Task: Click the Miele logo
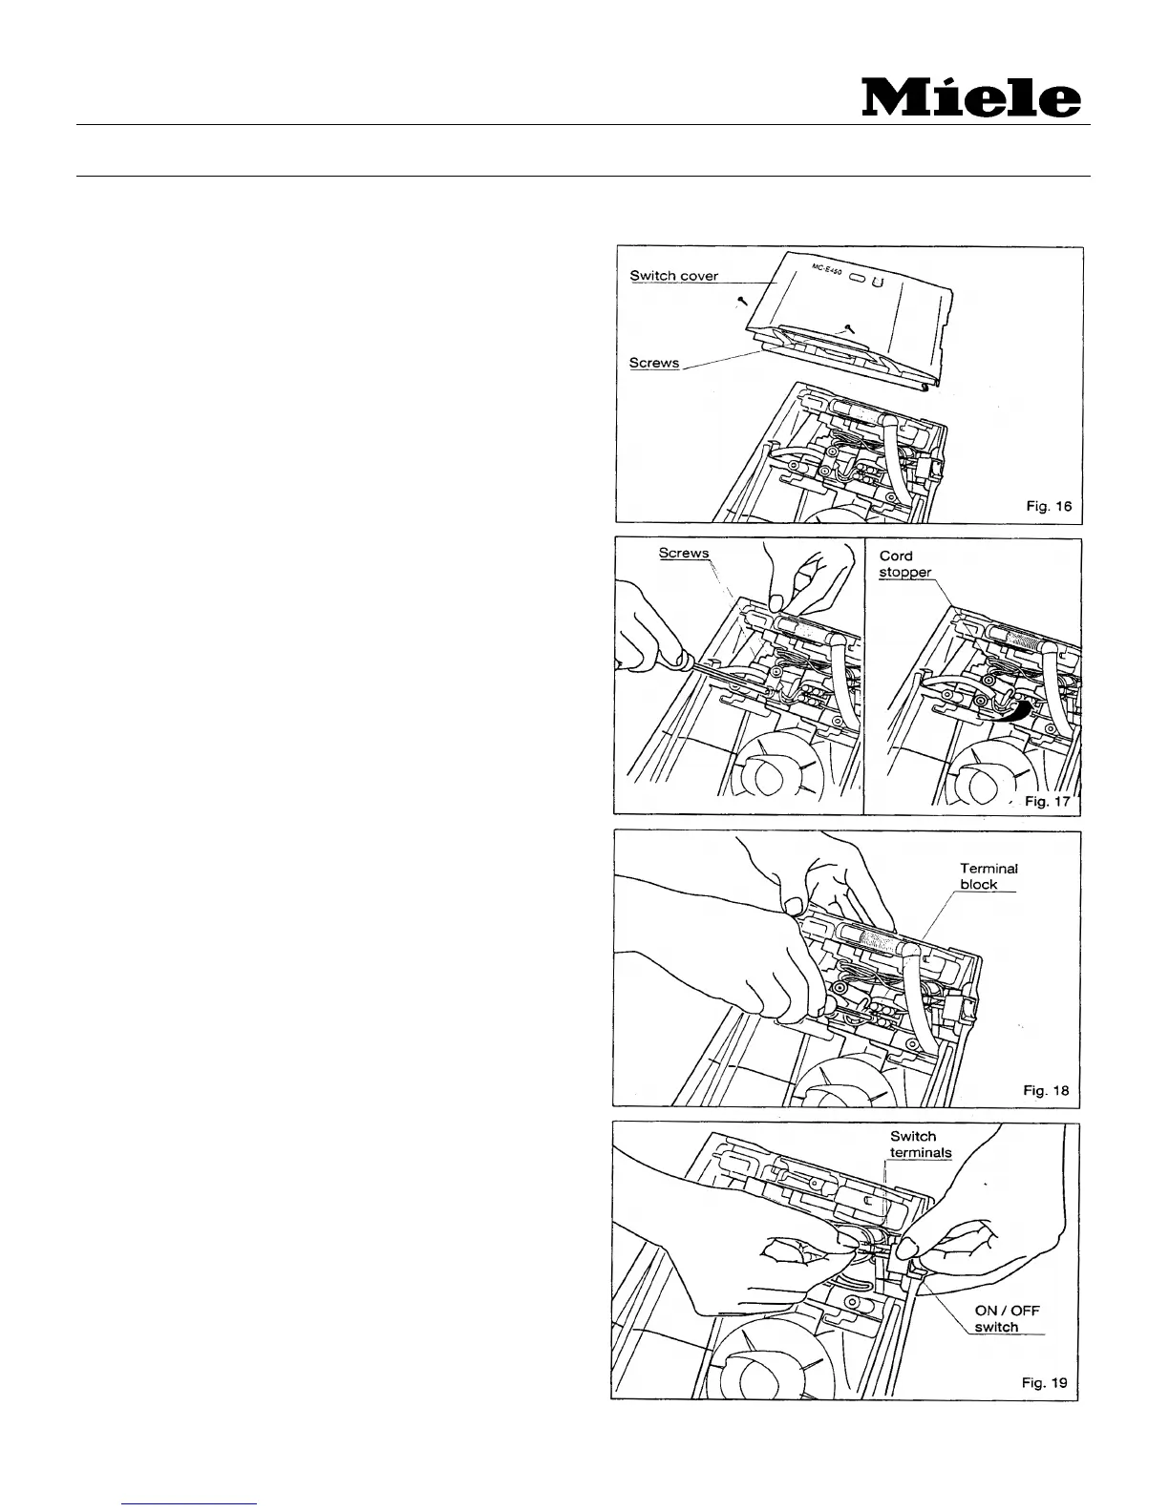click(971, 98)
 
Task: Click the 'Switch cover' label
click(673, 276)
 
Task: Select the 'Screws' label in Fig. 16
click(654, 364)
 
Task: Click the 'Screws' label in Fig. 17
click(684, 554)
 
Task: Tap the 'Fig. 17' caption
click(1049, 801)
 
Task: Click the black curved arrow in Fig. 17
click(1016, 710)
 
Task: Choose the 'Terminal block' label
click(988, 876)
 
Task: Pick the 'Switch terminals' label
click(920, 1144)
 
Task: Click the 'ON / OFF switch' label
click(1006, 1319)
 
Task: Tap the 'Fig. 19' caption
click(1045, 1382)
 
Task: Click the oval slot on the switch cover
click(858, 280)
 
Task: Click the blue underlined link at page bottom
click(190, 1503)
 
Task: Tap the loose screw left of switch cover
click(740, 302)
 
